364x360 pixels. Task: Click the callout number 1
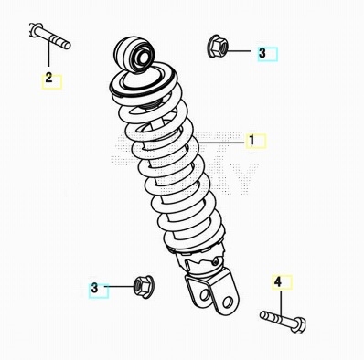pos(252,141)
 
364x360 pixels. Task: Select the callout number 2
pos(48,78)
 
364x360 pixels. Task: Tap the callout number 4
pos(278,281)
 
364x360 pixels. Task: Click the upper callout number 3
pos(262,53)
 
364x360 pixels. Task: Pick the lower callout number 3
pos(94,288)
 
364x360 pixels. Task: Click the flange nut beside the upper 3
pos(218,46)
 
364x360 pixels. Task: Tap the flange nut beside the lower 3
pos(144,286)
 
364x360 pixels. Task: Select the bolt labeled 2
pos(50,37)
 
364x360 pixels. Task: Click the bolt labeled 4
pos(283,321)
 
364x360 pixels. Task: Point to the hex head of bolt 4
pos(298,325)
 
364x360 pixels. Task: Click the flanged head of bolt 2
pos(33,29)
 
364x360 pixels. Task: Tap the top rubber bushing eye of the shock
pos(134,55)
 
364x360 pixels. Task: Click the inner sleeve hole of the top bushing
pos(143,57)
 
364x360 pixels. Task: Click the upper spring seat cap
pos(143,80)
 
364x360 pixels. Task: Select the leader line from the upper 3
pos(239,51)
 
